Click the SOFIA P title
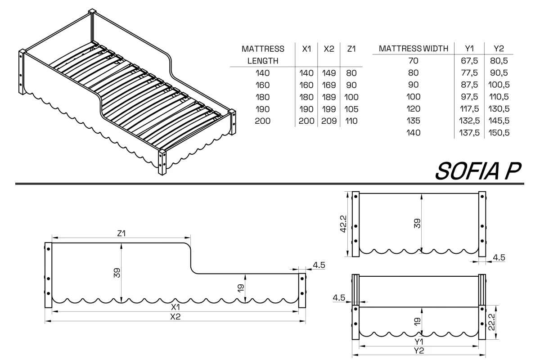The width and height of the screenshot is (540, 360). [x=478, y=171]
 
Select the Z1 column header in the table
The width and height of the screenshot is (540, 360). [x=351, y=49]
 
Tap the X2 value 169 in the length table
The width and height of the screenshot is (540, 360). [x=329, y=85]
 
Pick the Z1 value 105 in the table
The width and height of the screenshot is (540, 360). [x=351, y=109]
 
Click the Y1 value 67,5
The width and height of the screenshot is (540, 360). [x=469, y=61]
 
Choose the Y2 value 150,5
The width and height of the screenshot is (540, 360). [x=499, y=133]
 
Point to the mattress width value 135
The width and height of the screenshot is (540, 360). [x=413, y=121]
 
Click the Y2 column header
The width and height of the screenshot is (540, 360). [x=499, y=49]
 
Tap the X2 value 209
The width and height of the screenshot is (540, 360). [x=329, y=121]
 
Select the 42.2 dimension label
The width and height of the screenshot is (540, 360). [x=343, y=224]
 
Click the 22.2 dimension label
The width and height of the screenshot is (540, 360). [x=491, y=322]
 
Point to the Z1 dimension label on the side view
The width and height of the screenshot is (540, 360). [x=121, y=234]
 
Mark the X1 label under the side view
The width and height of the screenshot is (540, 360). [x=175, y=307]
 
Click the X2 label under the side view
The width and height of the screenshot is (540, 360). [x=175, y=317]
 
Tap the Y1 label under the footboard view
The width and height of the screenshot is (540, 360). [x=419, y=342]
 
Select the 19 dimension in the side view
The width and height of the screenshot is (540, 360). [x=241, y=288]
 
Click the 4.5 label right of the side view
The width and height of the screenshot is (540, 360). [x=319, y=265]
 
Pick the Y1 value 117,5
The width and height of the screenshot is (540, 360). [x=469, y=109]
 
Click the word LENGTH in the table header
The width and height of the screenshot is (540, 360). [x=263, y=61]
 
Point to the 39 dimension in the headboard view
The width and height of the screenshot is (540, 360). [x=417, y=224]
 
